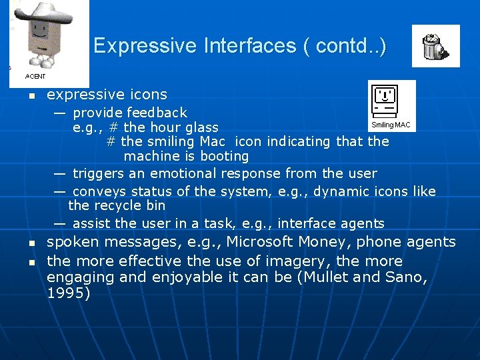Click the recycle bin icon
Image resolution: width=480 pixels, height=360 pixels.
435,46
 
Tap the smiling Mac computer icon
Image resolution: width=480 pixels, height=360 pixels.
386,101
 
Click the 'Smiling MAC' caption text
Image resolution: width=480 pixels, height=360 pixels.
391,125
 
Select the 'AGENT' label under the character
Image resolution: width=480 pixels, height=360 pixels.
35,77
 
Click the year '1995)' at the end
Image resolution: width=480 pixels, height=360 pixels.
68,293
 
